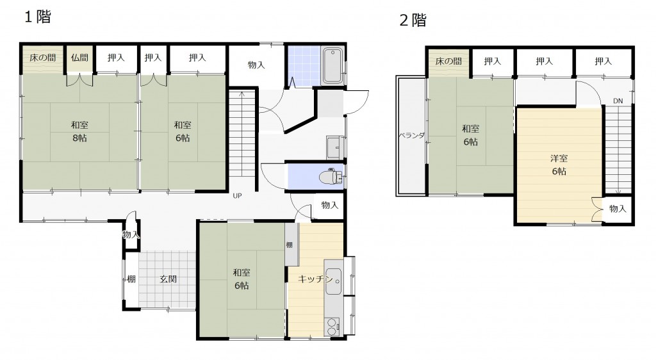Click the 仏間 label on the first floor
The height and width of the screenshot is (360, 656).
(79, 58)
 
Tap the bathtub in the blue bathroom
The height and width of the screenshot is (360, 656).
(332, 65)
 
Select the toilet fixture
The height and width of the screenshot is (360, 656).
(331, 177)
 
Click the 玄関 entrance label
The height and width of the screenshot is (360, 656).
(168, 279)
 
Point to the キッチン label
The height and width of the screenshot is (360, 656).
(315, 279)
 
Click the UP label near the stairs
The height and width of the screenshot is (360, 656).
(237, 195)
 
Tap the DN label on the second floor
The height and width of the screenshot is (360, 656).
(618, 101)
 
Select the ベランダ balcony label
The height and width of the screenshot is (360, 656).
(411, 135)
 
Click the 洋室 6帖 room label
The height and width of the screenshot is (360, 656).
(559, 165)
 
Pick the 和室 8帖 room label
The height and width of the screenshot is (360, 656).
(79, 131)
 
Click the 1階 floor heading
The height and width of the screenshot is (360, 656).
(38, 17)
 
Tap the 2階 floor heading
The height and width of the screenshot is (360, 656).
(413, 20)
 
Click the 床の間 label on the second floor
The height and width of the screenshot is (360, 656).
(448, 61)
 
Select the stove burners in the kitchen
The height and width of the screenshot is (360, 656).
(332, 327)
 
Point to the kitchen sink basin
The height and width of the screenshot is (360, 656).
(333, 281)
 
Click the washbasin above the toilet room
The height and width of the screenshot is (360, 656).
(335, 147)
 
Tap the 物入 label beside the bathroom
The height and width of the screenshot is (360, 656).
(256, 65)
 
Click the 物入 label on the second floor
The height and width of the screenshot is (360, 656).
(618, 208)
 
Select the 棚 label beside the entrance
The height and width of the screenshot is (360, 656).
(131, 279)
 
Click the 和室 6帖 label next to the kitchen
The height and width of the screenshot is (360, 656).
(242, 279)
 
